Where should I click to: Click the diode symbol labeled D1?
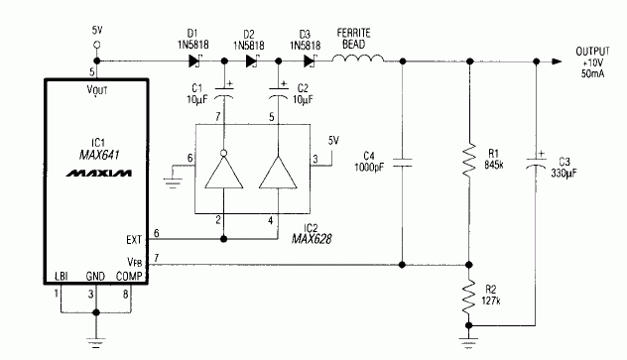(x=193, y=61)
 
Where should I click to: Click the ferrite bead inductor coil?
(x=356, y=61)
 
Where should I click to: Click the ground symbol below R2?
(x=468, y=342)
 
